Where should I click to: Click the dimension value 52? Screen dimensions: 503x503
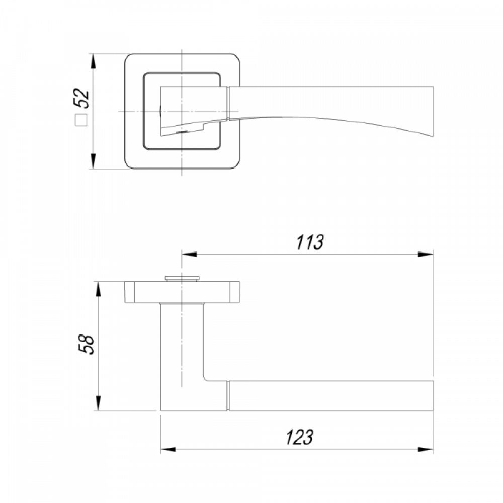tap(81, 98)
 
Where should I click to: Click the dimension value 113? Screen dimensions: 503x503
tap(309, 242)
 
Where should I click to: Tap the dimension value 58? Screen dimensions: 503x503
tap(87, 344)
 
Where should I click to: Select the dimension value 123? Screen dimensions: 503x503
tap(299, 437)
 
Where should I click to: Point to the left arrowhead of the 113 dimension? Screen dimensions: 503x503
tap(189, 255)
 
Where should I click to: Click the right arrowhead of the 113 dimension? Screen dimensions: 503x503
tap(426, 255)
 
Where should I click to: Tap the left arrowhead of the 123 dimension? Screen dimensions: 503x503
tap(168, 449)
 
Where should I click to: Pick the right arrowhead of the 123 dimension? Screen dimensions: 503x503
tap(426, 449)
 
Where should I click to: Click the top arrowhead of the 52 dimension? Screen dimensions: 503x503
tap(93, 61)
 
